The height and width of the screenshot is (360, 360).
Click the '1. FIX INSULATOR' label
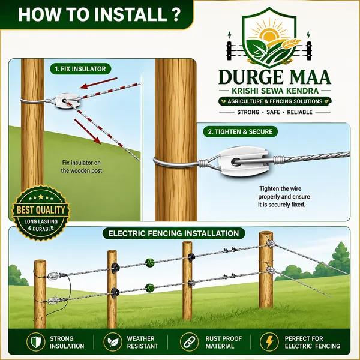click(80, 69)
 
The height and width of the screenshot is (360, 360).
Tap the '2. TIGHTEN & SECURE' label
click(240, 132)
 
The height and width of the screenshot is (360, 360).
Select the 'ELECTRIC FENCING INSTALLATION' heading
click(174, 233)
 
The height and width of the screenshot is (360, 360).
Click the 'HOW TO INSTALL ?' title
click(99, 14)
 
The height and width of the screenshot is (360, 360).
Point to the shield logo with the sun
click(269, 38)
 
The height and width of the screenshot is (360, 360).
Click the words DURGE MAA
click(275, 77)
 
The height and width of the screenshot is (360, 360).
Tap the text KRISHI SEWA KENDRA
click(275, 91)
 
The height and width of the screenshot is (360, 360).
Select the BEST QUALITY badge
click(41, 213)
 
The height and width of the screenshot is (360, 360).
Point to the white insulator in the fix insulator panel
click(67, 101)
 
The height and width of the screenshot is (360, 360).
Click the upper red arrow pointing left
click(99, 83)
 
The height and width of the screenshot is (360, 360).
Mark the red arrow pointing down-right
click(88, 132)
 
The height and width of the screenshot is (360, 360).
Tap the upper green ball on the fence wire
click(150, 263)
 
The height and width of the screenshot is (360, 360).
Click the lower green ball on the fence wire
click(150, 287)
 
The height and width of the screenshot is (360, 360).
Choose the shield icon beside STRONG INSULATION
click(35, 342)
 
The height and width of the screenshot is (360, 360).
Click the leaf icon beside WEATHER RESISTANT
click(113, 342)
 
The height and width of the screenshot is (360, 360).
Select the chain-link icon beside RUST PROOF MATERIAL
click(189, 342)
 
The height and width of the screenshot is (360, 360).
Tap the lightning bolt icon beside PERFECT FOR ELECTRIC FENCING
click(269, 342)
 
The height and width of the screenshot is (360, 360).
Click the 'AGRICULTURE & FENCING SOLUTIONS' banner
click(275, 101)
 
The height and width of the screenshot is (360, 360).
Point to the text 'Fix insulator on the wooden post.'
click(82, 167)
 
